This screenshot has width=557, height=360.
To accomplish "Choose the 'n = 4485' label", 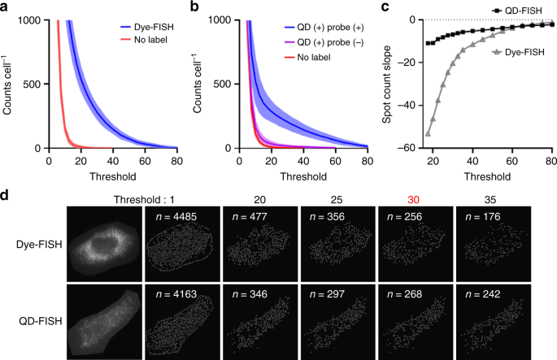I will coord(173,216).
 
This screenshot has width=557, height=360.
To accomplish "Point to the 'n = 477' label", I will coord(249,216).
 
